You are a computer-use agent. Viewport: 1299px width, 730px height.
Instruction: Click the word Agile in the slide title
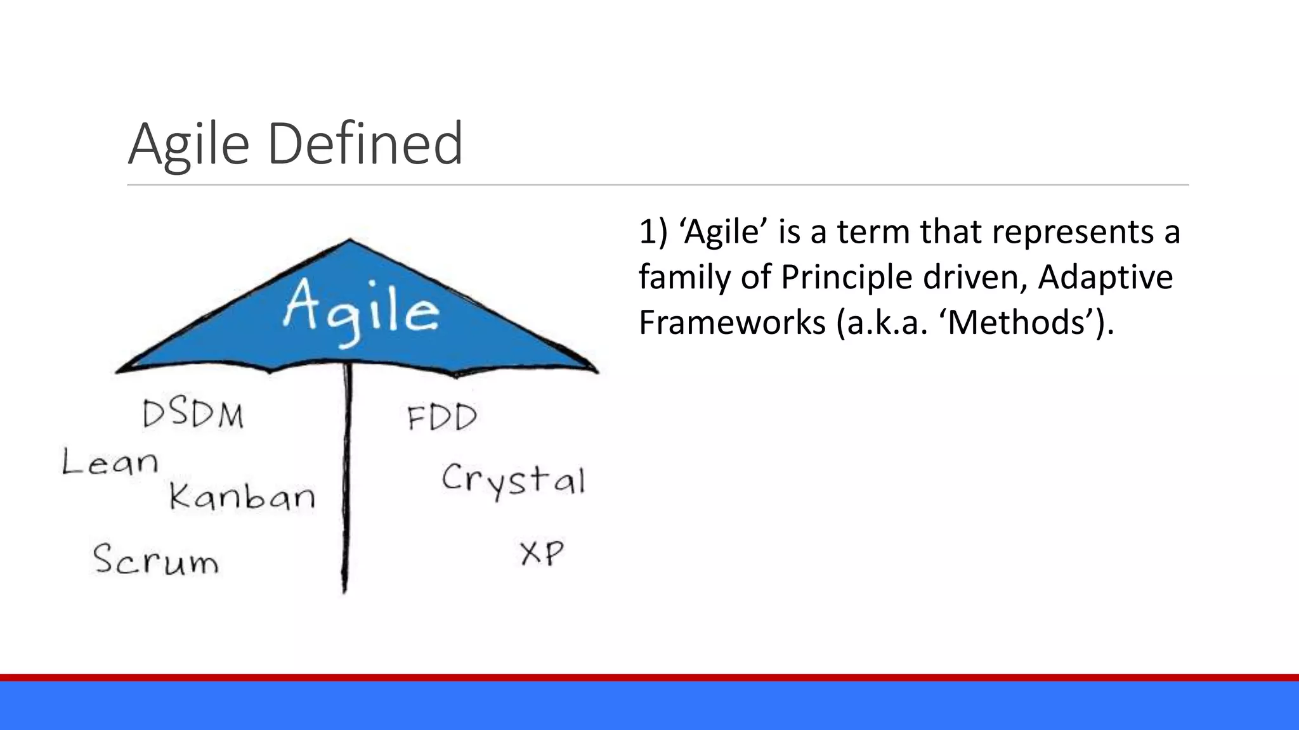(x=188, y=144)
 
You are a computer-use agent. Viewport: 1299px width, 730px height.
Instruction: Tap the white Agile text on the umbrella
(x=360, y=311)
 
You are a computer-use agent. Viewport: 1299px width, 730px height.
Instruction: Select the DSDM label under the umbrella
(x=193, y=415)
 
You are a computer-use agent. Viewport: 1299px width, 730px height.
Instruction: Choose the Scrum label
(x=155, y=560)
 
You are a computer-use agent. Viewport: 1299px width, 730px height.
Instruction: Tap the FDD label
(x=441, y=418)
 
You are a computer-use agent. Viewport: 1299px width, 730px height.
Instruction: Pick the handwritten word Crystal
(x=512, y=480)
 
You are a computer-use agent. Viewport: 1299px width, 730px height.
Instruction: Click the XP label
(x=542, y=553)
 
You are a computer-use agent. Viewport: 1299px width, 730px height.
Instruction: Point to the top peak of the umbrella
(x=349, y=240)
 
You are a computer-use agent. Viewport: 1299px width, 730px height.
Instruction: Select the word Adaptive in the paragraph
(x=1105, y=277)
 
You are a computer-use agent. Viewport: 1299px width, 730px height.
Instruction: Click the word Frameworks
(x=732, y=323)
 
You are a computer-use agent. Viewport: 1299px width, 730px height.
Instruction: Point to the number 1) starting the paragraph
(x=653, y=231)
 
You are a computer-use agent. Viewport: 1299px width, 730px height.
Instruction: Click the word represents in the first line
(x=1073, y=231)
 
